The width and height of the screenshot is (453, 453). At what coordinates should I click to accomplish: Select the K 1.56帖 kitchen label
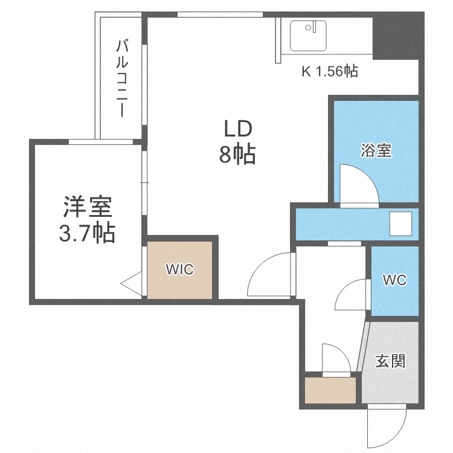[330, 71]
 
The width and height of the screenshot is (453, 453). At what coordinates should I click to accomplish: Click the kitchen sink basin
[308, 36]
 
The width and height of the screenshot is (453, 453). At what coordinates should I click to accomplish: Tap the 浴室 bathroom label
[376, 150]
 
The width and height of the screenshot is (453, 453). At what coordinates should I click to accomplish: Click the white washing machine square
[400, 223]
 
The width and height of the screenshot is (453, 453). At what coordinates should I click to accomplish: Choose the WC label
[395, 280]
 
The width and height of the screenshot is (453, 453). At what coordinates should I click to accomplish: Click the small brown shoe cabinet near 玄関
[330, 390]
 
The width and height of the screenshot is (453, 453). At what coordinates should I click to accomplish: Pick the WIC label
[180, 270]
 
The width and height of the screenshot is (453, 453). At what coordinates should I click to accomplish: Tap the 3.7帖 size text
[87, 233]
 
